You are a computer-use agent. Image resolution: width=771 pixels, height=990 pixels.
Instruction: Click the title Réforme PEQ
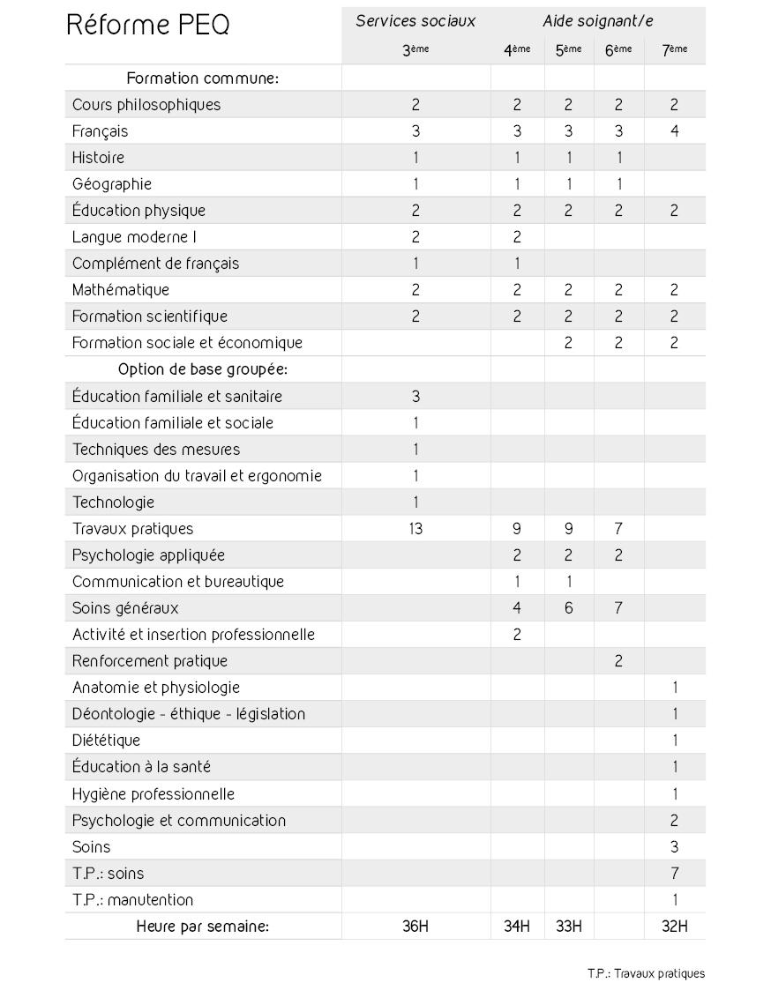point(147,25)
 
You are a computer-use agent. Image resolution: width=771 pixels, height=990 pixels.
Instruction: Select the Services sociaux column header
point(415,21)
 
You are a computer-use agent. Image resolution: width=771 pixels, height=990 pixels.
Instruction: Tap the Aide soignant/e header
point(597,21)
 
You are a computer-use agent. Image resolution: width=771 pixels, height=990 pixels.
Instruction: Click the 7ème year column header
point(674,50)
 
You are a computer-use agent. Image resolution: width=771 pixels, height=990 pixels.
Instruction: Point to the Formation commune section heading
point(202,78)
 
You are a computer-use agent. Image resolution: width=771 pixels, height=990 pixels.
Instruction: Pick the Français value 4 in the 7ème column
point(674,131)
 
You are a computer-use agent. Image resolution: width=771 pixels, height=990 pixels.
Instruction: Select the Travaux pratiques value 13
point(415,529)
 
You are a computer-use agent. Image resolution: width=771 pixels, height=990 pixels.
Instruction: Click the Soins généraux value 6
point(568,608)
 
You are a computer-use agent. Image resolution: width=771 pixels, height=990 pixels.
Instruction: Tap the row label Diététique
point(106,741)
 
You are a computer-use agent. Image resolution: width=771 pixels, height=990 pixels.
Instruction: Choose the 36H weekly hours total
point(415,927)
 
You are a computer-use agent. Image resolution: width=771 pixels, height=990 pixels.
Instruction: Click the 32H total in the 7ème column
point(674,927)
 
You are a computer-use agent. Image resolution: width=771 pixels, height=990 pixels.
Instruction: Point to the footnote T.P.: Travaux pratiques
point(646,973)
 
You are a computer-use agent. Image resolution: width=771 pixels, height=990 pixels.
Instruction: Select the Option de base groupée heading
point(202,369)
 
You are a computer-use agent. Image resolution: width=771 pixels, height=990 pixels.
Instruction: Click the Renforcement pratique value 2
point(618,661)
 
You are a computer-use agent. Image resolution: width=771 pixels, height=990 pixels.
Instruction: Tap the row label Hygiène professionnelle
point(153,794)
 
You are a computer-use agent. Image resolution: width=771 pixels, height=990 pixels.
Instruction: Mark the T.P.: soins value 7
point(674,874)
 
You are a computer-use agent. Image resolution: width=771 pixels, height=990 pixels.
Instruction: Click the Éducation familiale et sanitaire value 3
point(415,397)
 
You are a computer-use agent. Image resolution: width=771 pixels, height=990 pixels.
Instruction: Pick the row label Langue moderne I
point(134,237)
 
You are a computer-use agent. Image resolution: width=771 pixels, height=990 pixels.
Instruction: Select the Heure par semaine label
point(202,927)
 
